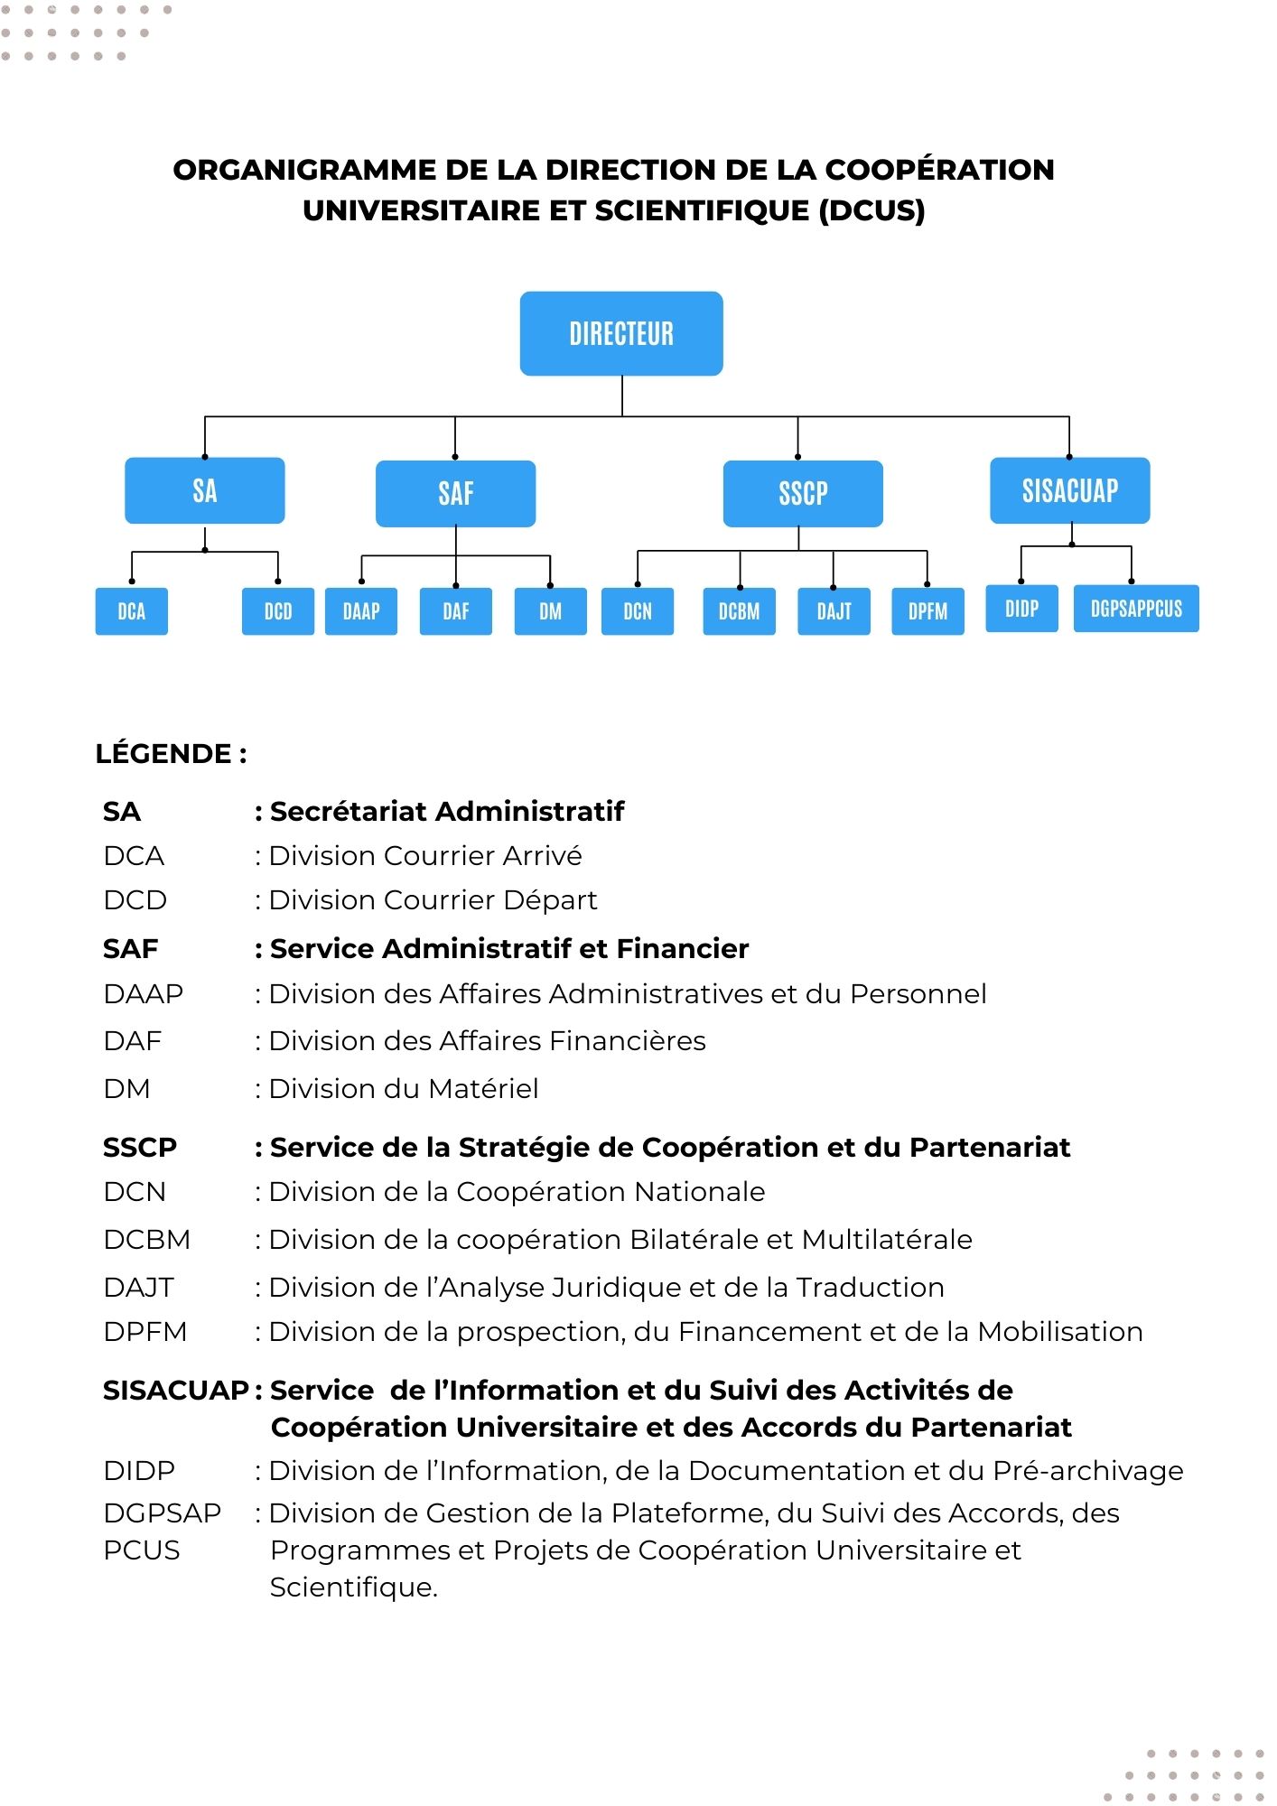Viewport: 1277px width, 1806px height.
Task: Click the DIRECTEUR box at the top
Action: coord(621,333)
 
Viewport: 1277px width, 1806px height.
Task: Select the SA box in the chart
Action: coord(205,490)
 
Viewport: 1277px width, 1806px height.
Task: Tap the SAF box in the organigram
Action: coord(455,493)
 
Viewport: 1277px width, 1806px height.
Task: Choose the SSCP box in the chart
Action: coord(803,493)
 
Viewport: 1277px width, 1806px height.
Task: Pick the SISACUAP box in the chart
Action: coord(1069,490)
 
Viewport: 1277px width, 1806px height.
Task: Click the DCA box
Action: coord(132,611)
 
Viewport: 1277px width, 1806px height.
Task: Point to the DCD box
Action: coord(278,611)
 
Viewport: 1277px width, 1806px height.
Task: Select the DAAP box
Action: coord(361,611)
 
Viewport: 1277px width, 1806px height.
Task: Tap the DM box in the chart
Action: coord(550,611)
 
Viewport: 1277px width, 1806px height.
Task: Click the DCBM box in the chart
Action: coord(739,611)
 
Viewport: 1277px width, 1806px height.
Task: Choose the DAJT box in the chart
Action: coord(834,611)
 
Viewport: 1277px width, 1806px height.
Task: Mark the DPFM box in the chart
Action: coord(927,611)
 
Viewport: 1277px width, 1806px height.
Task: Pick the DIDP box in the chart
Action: coord(1021,609)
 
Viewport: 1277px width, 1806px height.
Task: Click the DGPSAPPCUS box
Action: coord(1136,609)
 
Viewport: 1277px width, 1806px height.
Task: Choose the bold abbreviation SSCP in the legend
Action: coord(140,1147)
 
